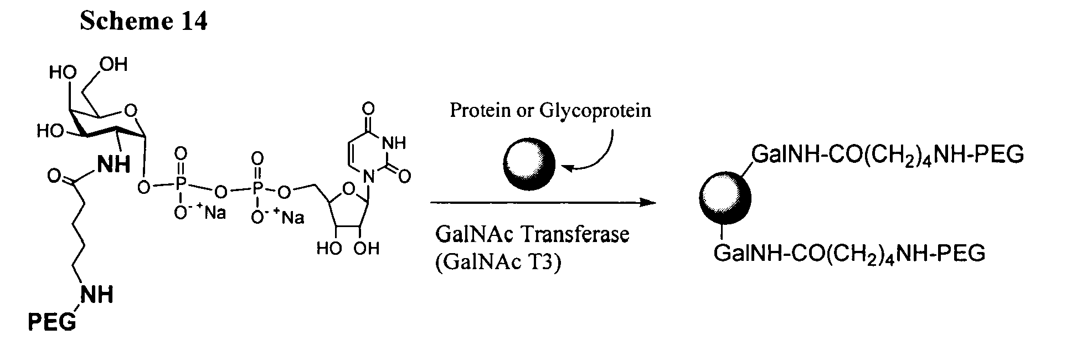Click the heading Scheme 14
point(144,21)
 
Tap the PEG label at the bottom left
point(52,322)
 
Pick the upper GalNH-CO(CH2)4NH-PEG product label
point(887,157)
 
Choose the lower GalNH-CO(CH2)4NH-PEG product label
point(849,254)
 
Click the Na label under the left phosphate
point(214,213)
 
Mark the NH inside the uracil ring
point(394,143)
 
